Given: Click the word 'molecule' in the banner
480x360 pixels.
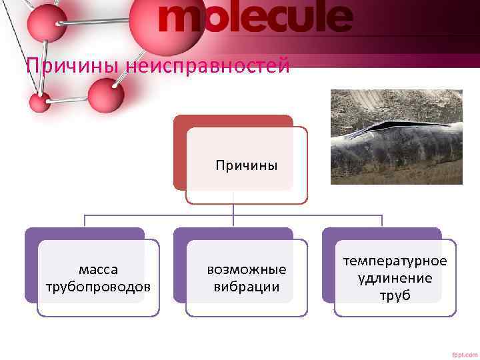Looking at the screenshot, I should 255,19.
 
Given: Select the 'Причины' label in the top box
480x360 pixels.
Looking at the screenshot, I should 246,165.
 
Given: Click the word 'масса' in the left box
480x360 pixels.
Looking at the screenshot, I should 98,270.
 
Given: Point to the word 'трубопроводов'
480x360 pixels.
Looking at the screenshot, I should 98,287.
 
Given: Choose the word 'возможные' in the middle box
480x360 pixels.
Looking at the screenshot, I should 246,270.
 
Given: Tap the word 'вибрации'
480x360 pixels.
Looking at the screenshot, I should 246,287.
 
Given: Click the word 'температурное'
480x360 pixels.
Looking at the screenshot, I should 395,262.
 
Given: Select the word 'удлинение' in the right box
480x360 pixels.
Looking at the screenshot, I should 395,279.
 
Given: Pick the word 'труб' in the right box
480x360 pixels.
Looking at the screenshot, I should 395,295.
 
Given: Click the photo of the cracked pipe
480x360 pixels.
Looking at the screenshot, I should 397,137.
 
